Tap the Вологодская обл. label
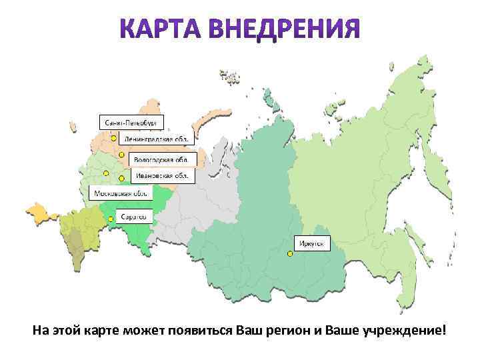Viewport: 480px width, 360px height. tap(161, 159)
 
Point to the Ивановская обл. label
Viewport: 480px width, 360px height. tap(161, 175)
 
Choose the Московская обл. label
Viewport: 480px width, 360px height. tap(120, 193)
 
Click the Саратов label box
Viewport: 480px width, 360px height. tap(134, 217)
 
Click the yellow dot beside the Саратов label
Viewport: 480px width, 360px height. tap(111, 218)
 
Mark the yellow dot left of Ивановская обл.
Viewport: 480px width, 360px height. tap(121, 178)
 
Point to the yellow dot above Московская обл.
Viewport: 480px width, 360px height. tap(105, 173)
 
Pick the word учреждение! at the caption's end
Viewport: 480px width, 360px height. tap(404, 332)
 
